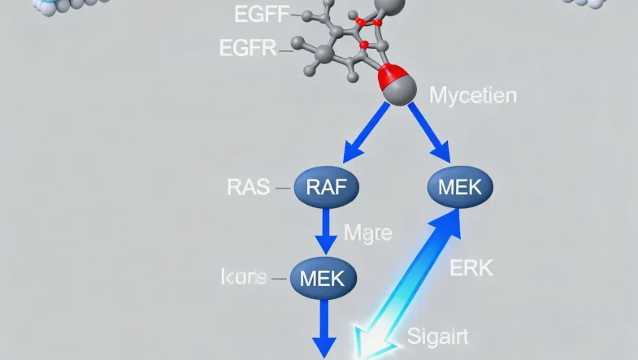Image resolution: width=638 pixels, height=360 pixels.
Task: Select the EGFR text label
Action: pos(247,49)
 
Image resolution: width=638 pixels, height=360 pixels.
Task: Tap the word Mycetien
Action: pos(471,96)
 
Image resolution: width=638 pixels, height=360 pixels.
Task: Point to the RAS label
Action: pos(247,188)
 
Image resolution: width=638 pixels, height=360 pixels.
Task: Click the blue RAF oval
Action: pos(328,189)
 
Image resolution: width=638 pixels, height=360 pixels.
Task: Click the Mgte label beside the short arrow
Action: pos(367,234)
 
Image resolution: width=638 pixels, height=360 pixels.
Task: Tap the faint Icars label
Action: pos(243,277)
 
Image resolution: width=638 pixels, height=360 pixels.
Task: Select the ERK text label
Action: pos(471,267)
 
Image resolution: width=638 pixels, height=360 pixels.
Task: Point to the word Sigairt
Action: pos(436,335)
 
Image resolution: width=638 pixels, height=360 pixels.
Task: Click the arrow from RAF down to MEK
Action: pos(327,233)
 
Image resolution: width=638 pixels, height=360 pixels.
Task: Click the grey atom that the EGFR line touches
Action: pos(323,54)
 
